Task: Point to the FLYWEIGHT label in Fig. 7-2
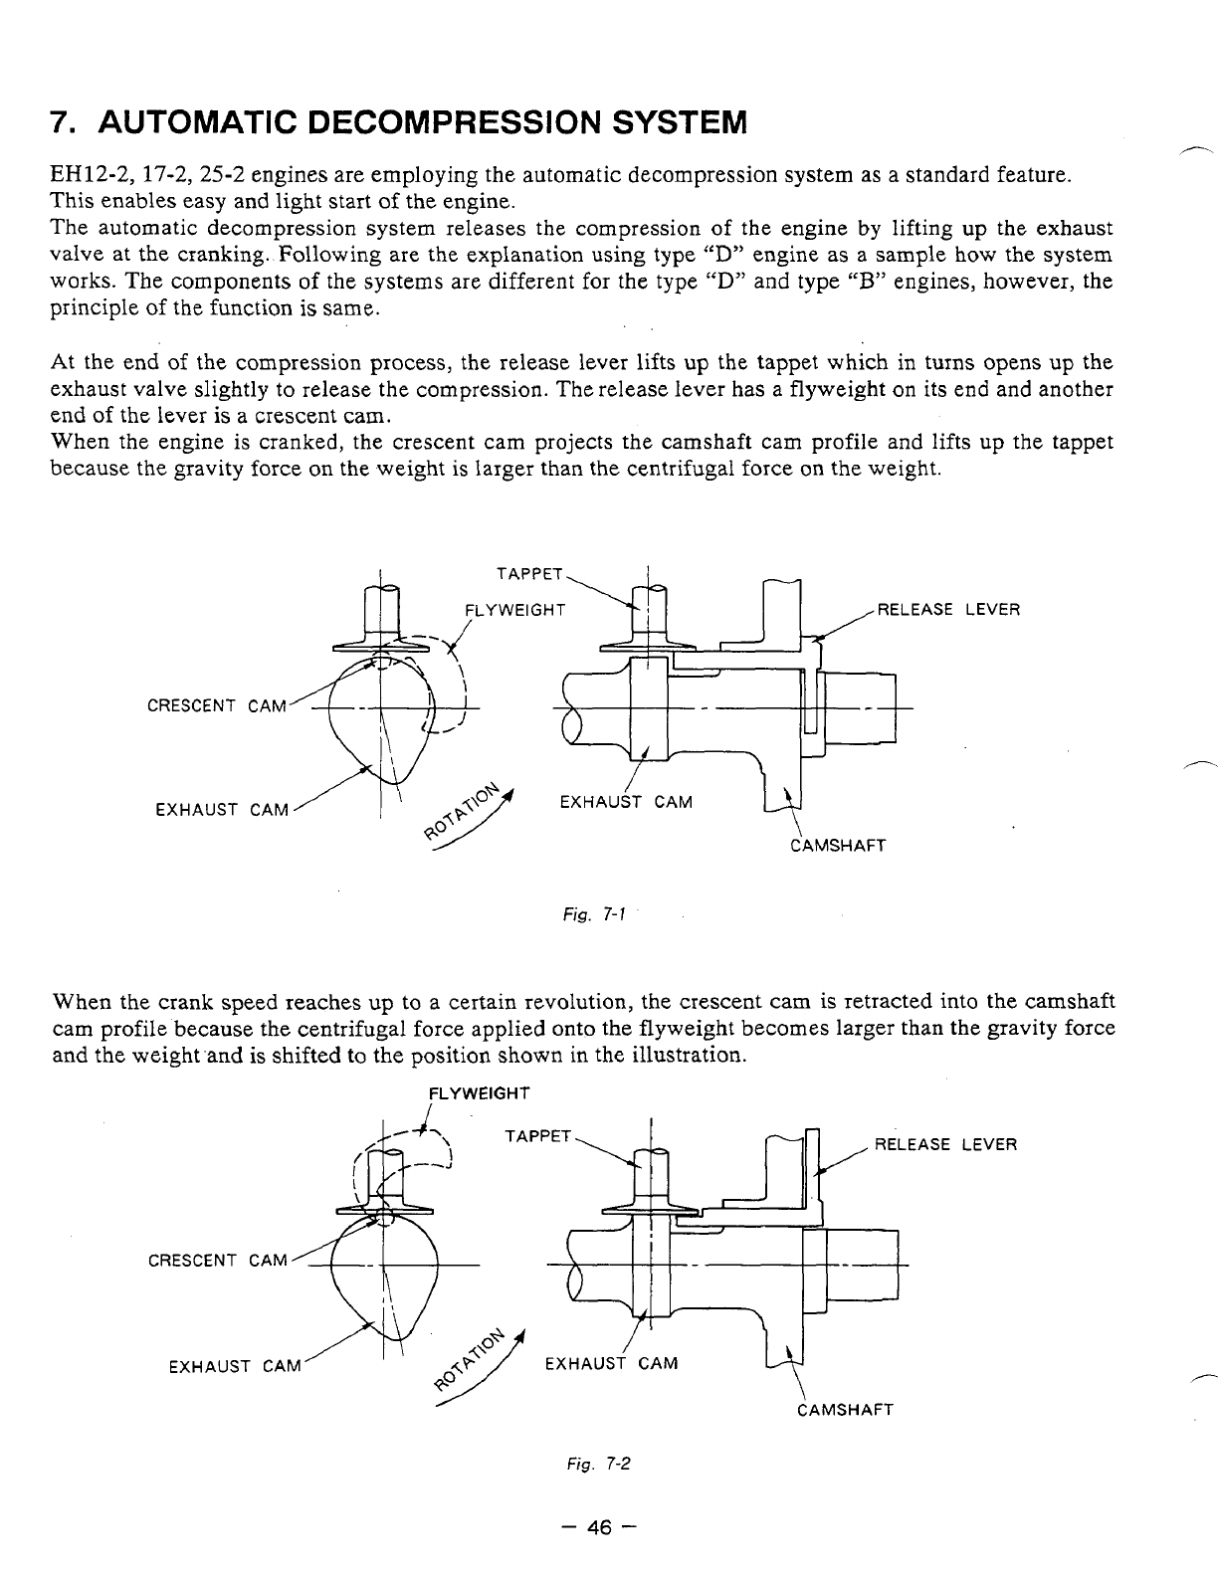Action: (x=478, y=1093)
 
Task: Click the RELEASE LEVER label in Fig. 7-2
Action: (x=945, y=1144)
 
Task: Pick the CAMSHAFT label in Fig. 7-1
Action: (x=836, y=847)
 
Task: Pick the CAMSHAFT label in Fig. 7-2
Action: (x=845, y=1409)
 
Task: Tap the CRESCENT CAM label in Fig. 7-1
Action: (x=216, y=706)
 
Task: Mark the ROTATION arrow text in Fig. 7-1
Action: (x=461, y=812)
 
